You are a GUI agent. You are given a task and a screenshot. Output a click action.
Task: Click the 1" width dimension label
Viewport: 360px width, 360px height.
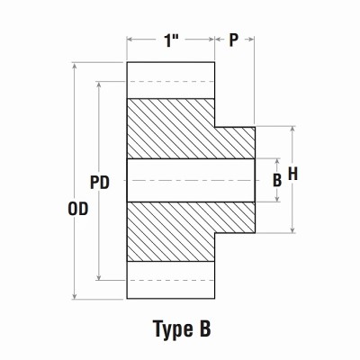pyautogui.click(x=171, y=41)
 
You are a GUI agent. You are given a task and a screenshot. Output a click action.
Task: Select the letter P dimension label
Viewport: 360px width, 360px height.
pyautogui.click(x=234, y=41)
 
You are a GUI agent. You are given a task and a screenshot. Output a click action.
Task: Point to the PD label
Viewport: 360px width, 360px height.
pyautogui.click(x=100, y=181)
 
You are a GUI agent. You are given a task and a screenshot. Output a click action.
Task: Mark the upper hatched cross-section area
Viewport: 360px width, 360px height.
pyautogui.click(x=180, y=129)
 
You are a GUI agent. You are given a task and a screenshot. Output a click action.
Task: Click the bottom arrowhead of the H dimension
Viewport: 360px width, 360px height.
pyautogui.click(x=292, y=229)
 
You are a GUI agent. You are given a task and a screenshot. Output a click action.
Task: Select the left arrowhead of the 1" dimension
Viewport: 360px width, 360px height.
pyautogui.click(x=130, y=40)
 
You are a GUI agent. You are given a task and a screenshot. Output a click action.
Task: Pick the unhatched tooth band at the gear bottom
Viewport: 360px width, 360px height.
pyautogui.click(x=171, y=280)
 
